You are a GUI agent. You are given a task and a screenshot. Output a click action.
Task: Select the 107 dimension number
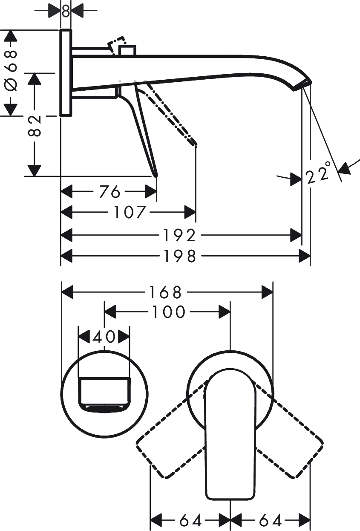[x=130, y=211]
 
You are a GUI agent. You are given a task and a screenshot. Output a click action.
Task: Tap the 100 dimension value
[x=167, y=312]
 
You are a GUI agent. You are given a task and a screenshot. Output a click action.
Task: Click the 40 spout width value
[x=104, y=337]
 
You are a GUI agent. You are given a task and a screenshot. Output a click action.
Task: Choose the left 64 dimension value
[x=190, y=520]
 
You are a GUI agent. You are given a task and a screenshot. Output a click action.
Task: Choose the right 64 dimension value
[x=270, y=520]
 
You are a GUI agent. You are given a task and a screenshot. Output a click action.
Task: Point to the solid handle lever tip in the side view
[x=156, y=174]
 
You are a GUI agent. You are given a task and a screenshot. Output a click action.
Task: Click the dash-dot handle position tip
[x=195, y=144]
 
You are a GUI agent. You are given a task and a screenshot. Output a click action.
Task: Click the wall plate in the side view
[x=65, y=72]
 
